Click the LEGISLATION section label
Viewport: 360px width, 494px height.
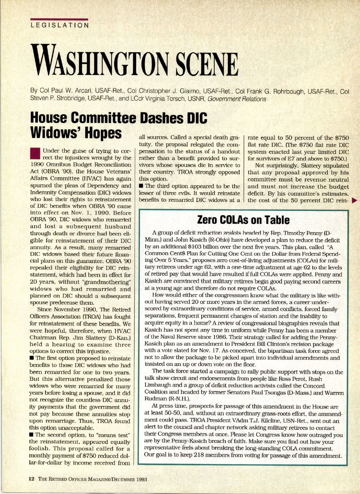(x=60, y=25)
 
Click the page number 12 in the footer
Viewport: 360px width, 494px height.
(x=31, y=479)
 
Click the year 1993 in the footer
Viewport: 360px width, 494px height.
(x=142, y=479)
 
